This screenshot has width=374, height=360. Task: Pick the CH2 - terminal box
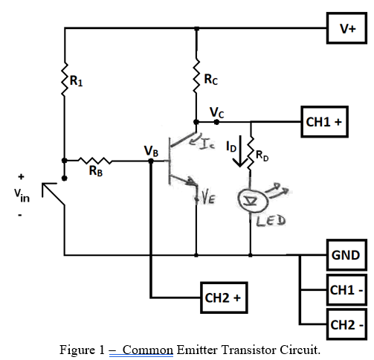pos(345,325)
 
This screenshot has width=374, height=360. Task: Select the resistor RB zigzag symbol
pos(94,160)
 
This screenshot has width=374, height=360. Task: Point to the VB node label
pos(151,152)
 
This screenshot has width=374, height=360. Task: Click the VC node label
pos(216,112)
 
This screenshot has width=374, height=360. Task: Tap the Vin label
pos(20,196)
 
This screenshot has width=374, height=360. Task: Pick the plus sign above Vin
pos(20,177)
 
